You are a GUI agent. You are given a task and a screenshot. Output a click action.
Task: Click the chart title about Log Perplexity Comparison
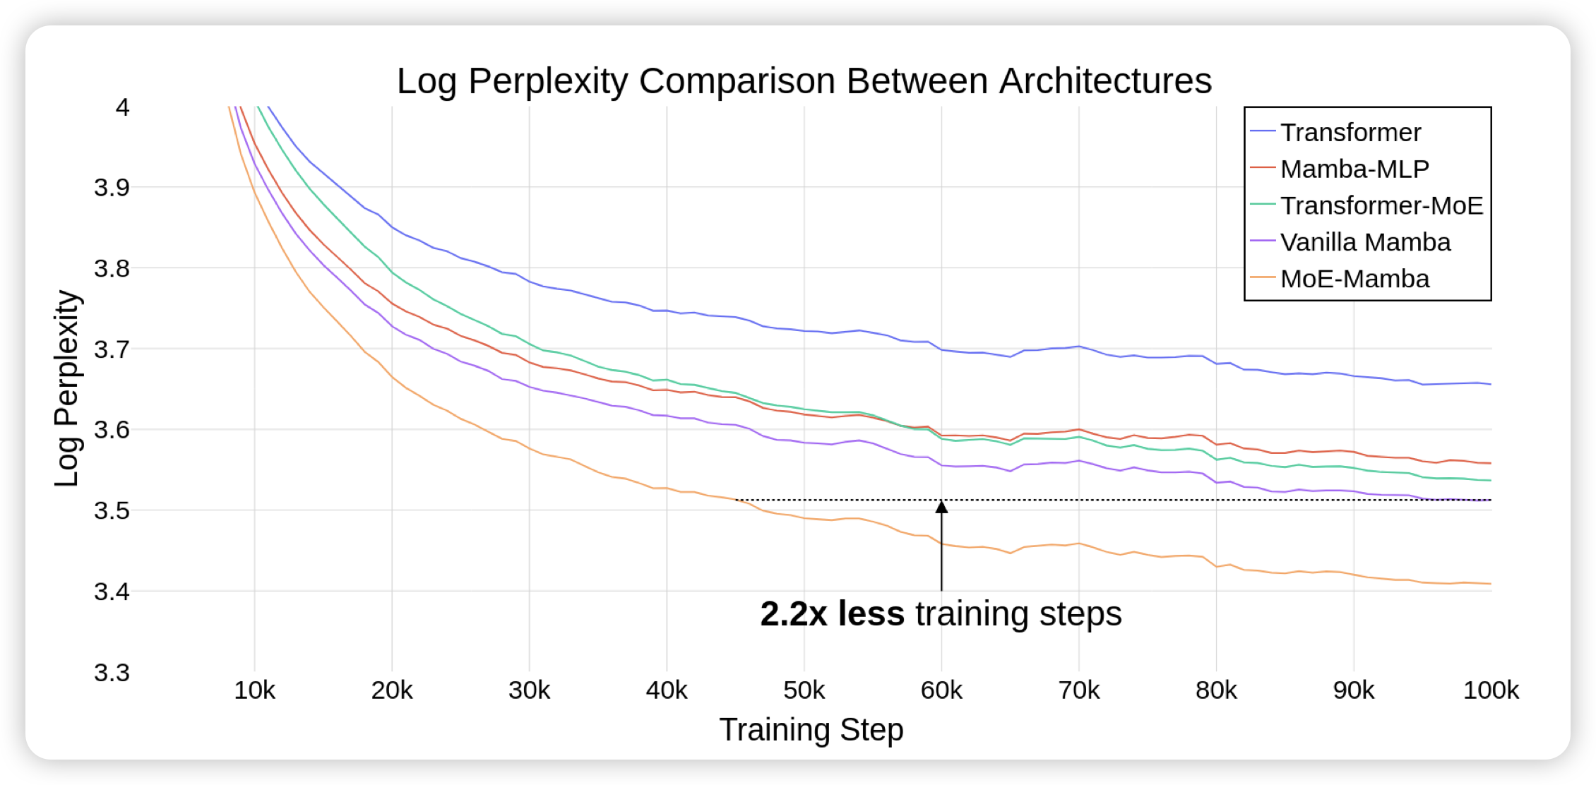(804, 81)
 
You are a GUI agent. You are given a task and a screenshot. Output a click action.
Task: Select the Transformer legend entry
(1350, 133)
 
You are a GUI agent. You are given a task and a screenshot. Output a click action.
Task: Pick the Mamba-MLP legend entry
(1354, 169)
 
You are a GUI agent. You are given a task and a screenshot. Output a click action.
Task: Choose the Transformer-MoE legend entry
(1381, 206)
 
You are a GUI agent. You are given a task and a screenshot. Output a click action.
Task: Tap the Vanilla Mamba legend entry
(1365, 243)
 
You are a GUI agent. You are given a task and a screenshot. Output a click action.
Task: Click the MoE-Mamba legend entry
(1354, 280)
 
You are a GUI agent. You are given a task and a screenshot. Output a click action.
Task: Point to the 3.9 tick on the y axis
(112, 188)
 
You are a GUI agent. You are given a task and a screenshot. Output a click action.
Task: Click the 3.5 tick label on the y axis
(112, 510)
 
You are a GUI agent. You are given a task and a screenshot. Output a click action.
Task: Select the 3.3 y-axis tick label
(112, 673)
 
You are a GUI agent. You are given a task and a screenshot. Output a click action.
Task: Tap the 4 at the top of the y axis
(123, 107)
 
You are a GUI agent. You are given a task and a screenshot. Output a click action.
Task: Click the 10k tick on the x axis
(255, 690)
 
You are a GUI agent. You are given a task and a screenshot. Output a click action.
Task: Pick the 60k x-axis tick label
(941, 690)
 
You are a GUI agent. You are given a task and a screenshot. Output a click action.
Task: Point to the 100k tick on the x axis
(1491, 690)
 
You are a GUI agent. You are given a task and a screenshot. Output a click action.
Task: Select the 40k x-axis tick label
(667, 690)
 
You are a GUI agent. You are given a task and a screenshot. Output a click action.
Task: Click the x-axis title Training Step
(811, 730)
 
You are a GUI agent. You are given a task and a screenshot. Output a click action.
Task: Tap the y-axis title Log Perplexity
(67, 388)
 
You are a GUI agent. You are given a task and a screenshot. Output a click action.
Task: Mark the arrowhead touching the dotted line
(941, 506)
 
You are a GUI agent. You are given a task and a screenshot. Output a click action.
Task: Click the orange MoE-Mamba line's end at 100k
(1490, 584)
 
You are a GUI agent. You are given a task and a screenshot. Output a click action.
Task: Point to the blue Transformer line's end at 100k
(1490, 384)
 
